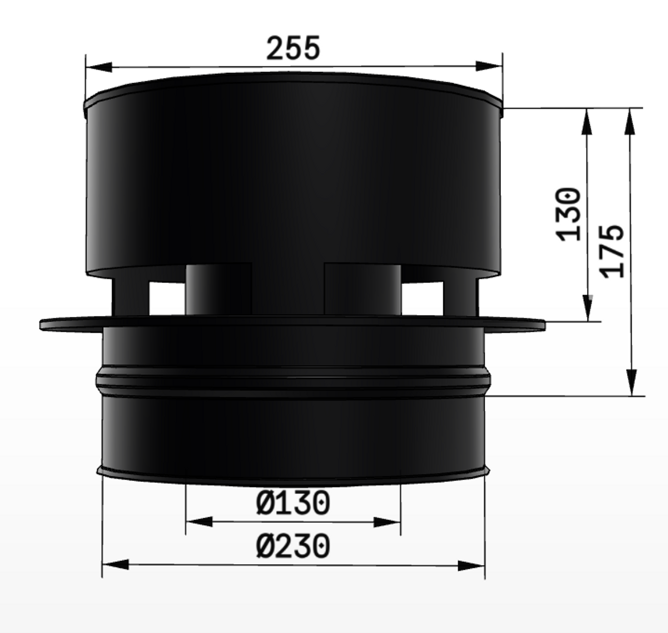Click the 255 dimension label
pyautogui.click(x=293, y=48)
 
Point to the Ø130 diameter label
pyautogui.click(x=293, y=502)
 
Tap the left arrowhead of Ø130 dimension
pyautogui.click(x=199, y=521)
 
